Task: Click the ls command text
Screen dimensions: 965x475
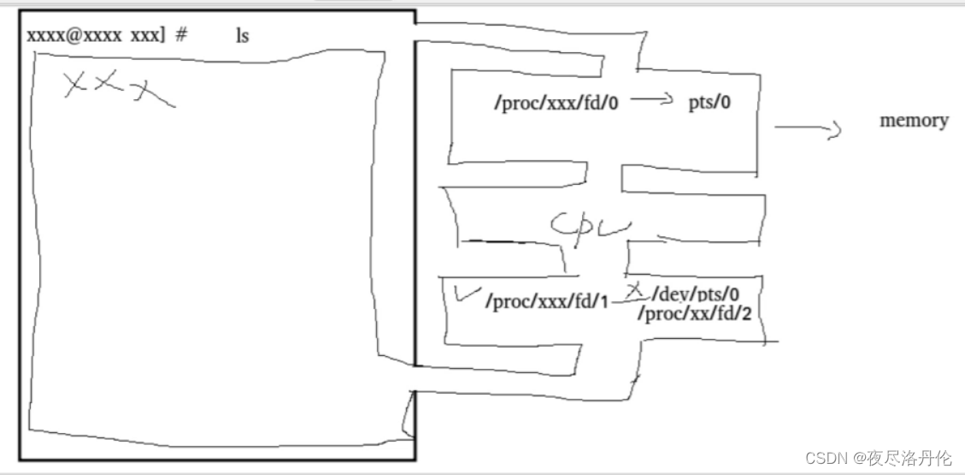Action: tap(243, 36)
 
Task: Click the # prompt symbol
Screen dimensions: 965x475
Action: tap(181, 35)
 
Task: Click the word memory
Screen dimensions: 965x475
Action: tap(914, 120)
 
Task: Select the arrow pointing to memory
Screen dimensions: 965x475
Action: tap(808, 129)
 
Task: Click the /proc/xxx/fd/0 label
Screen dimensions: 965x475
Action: tap(556, 103)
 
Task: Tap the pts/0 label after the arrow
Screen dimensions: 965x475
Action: tap(709, 103)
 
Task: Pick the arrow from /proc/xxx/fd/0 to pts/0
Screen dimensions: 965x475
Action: tap(652, 99)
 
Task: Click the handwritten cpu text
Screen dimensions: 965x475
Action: tap(591, 226)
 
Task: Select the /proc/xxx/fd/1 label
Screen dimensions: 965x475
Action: tap(547, 301)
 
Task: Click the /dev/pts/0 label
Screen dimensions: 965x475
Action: tap(695, 295)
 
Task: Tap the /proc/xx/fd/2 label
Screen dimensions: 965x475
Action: tap(694, 314)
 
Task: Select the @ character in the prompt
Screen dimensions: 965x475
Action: tap(65, 35)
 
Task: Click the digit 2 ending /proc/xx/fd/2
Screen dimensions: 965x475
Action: tap(746, 314)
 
